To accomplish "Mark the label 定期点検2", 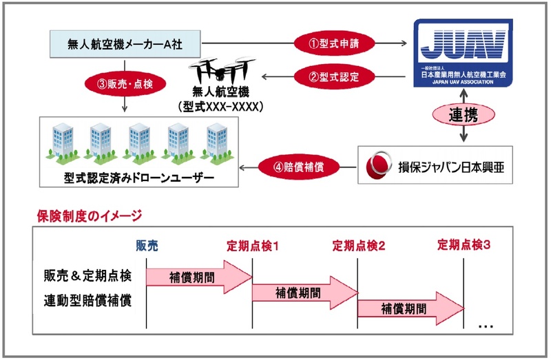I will (x=358, y=245).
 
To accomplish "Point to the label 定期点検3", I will (x=464, y=245).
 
